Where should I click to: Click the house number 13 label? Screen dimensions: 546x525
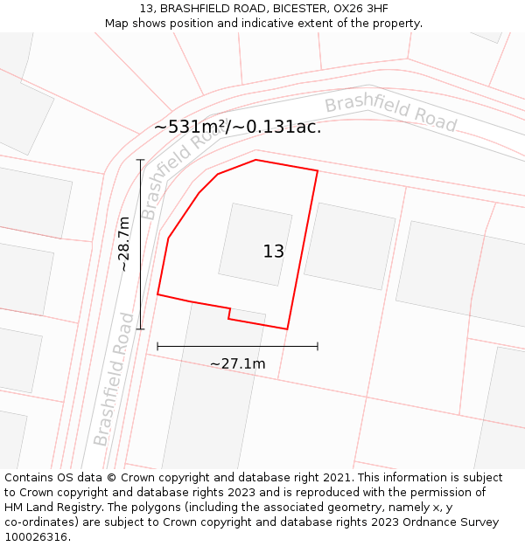click(273, 252)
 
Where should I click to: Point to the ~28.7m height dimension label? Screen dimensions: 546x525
click(124, 244)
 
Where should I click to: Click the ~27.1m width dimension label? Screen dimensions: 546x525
click(237, 363)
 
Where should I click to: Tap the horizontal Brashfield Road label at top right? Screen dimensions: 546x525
click(390, 114)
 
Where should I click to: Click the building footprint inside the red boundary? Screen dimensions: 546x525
click(255, 245)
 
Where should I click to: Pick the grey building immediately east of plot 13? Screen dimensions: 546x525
click(350, 246)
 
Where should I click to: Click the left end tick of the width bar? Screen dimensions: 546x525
click(157, 346)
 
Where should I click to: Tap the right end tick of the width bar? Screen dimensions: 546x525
click(318, 346)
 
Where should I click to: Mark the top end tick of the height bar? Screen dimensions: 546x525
click(140, 160)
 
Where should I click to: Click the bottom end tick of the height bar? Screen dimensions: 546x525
click(140, 328)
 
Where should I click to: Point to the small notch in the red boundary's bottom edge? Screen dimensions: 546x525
click(229, 313)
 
